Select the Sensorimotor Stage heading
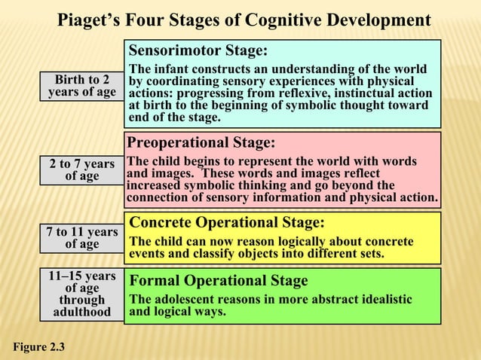[x=198, y=51]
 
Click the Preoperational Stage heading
[x=201, y=143]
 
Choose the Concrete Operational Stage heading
[x=227, y=223]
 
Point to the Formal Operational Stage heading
[x=219, y=281]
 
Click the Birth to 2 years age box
[x=81, y=86]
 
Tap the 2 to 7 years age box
[x=81, y=169]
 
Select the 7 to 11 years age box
[x=81, y=237]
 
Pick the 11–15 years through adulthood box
[x=81, y=294]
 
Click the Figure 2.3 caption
[x=38, y=347]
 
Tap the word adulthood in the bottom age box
[x=81, y=312]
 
